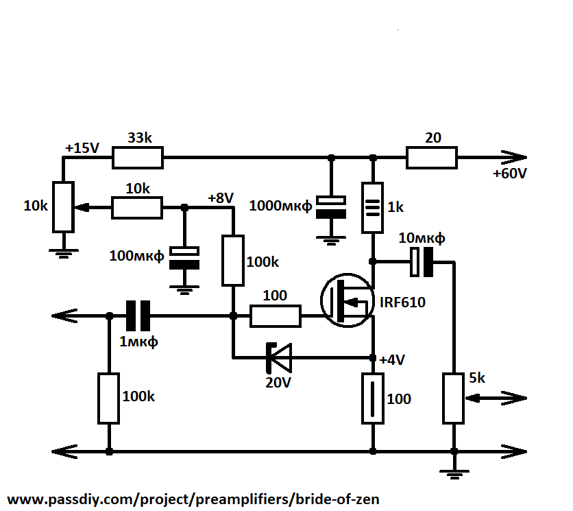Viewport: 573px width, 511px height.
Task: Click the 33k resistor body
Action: tap(138, 158)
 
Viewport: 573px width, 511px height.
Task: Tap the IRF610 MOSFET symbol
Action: tap(348, 300)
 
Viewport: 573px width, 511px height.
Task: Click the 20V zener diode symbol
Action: tap(278, 357)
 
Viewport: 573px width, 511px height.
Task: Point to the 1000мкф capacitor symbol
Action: tap(330, 207)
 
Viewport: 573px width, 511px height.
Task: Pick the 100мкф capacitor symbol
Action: tap(184, 257)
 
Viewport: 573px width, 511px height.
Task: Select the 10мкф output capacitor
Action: tap(421, 262)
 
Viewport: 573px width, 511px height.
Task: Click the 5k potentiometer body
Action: tap(453, 398)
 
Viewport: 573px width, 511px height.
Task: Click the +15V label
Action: tap(82, 147)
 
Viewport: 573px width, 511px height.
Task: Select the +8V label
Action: tap(221, 198)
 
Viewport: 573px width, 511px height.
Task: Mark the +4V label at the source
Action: tap(393, 359)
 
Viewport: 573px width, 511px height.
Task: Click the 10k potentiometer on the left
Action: tap(63, 206)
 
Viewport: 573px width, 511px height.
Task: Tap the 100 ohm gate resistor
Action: tap(275, 316)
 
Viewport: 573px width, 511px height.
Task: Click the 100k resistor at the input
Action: tap(108, 398)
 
